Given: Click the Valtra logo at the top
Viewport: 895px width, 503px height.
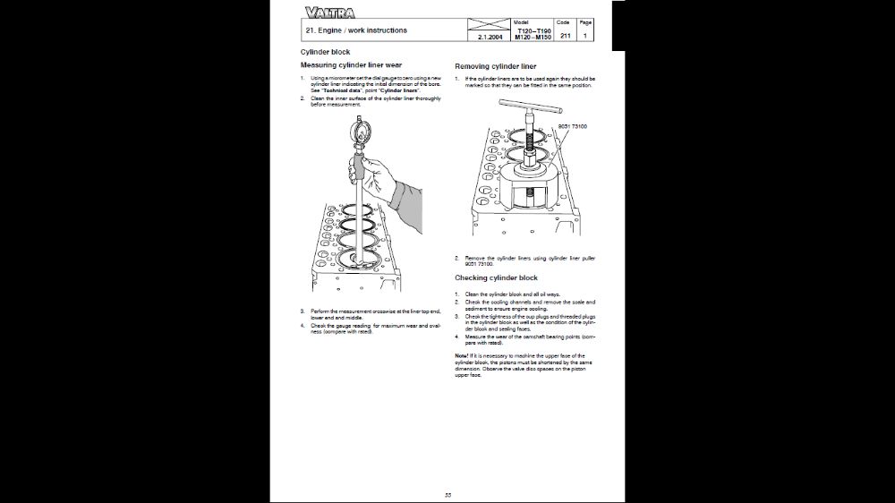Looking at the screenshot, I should tap(328, 13).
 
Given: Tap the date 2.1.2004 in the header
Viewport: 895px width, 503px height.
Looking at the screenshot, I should tap(488, 37).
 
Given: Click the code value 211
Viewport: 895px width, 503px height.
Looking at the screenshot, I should tap(565, 36).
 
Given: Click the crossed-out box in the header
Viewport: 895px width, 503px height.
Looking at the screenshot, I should tap(488, 24).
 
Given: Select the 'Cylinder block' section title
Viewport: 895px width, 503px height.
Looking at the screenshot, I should tap(325, 52).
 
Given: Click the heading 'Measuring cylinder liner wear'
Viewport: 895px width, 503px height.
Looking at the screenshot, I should tap(351, 65).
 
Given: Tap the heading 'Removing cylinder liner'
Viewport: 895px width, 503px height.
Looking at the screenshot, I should tap(496, 66).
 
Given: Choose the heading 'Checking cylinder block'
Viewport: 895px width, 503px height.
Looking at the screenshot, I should tap(496, 278).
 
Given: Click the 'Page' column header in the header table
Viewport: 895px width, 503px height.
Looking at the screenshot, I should tap(585, 21).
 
